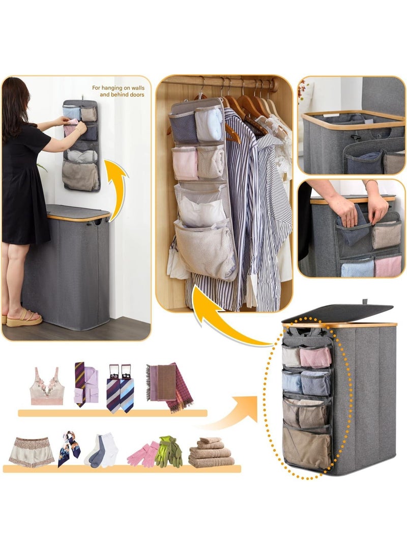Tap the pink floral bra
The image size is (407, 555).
pyautogui.click(x=47, y=387)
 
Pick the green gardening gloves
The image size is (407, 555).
pyautogui.click(x=169, y=451)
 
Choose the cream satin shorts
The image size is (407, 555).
pyautogui.click(x=31, y=451)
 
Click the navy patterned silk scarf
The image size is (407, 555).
pyautogui.click(x=69, y=448)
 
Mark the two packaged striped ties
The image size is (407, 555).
pyautogui.click(x=120, y=387)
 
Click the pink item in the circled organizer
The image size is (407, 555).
pyautogui.click(x=314, y=357)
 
